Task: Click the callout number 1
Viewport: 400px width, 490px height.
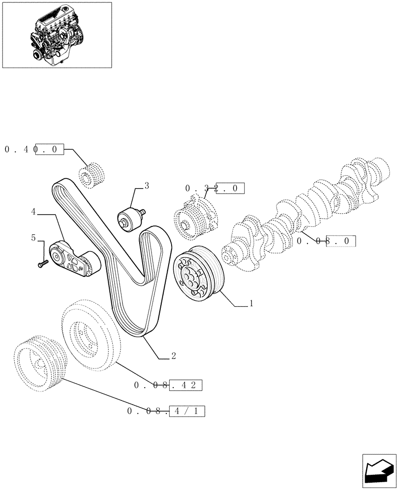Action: [251, 304]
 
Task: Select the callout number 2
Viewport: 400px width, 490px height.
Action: [173, 356]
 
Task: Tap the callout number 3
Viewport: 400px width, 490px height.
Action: [147, 186]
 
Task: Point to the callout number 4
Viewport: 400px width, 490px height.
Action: [33, 212]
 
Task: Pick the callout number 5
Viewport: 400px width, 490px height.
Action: [33, 238]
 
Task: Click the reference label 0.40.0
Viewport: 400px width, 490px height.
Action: [34, 149]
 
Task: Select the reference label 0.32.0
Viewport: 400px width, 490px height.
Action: [214, 188]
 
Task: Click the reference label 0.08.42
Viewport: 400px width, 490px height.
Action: [168, 386]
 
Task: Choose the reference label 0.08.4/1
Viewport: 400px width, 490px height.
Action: [165, 411]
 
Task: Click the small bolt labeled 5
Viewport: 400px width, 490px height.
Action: [41, 264]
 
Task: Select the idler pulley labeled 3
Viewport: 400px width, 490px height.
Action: [129, 217]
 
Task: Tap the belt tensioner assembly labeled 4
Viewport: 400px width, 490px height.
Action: [74, 258]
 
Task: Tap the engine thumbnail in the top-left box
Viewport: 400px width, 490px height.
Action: [56, 34]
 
